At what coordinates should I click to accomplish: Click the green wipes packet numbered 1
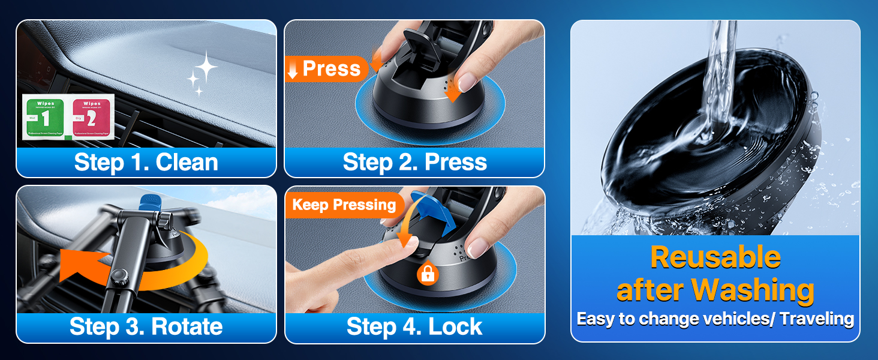pos(46,117)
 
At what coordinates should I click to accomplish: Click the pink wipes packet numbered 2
pos(92,117)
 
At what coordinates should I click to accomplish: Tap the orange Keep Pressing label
pos(344,205)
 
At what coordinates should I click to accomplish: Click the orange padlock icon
pos(428,274)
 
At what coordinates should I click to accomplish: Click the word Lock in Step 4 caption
pos(455,327)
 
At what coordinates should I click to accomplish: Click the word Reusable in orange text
pos(715,257)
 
